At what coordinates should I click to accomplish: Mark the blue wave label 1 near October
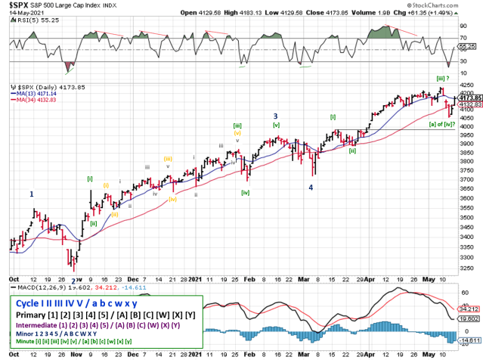[x=32, y=194]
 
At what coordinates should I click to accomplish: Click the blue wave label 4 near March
[x=311, y=187]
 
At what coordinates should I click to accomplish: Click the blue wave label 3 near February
[x=275, y=115]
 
